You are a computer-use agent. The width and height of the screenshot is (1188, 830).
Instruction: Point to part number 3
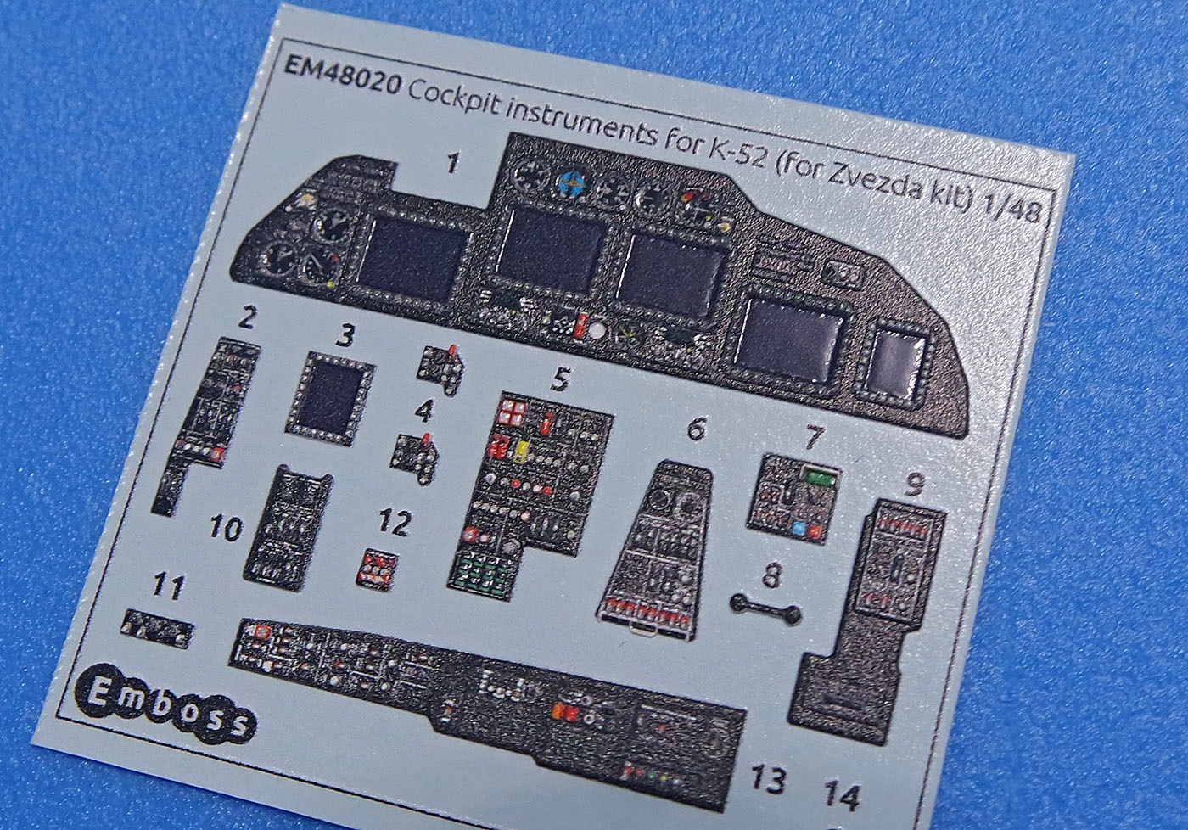(344, 336)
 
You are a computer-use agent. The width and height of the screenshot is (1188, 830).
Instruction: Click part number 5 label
(558, 379)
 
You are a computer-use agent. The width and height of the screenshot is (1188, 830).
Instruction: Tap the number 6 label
(696, 429)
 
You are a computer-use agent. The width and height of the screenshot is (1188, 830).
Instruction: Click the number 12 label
(395, 523)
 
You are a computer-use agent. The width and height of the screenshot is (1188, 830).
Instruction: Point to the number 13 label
(767, 778)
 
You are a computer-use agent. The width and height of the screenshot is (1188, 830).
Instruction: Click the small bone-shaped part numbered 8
(766, 608)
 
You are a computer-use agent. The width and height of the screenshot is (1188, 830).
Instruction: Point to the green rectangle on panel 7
(817, 479)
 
